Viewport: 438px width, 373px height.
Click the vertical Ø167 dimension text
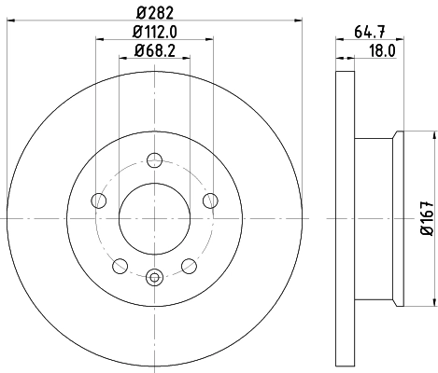(425, 217)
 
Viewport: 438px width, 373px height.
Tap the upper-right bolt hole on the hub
(210, 200)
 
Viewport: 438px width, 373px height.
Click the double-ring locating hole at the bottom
(155, 275)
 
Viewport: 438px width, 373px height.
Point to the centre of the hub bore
(155, 218)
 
